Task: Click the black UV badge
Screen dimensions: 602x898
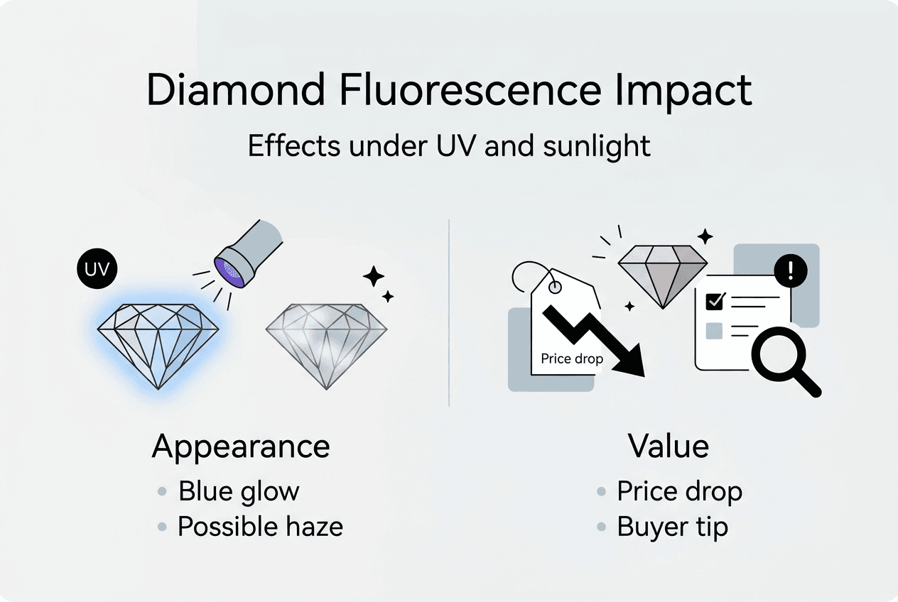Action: [97, 269]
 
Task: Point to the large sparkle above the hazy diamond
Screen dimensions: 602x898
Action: [374, 275]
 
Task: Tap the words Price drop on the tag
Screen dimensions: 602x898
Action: [571, 359]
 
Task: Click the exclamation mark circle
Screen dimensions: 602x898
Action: [794, 269]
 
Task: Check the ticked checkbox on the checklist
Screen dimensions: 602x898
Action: [713, 302]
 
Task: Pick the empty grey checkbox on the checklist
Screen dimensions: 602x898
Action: [713, 330]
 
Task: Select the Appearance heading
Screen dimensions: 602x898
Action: [241, 447]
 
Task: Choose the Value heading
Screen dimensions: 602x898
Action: [668, 447]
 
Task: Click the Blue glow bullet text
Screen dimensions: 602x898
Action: [239, 491]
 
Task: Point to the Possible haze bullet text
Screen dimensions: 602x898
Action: [260, 527]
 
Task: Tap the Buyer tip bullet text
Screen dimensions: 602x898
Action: [672, 527]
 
